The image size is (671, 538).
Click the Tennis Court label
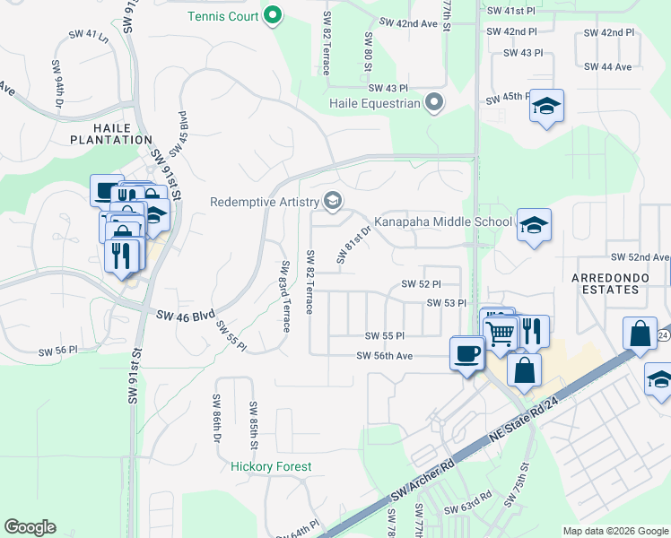222,16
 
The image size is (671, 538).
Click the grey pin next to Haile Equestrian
435,102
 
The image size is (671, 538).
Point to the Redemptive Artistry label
266,202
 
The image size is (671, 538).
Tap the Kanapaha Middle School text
443,221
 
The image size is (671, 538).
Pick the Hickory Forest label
271,466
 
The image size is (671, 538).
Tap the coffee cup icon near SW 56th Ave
466,353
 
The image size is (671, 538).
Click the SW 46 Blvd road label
187,316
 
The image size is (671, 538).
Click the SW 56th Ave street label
384,356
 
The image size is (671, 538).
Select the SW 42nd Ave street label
408,23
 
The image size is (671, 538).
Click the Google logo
30,527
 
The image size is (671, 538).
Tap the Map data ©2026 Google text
614,531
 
